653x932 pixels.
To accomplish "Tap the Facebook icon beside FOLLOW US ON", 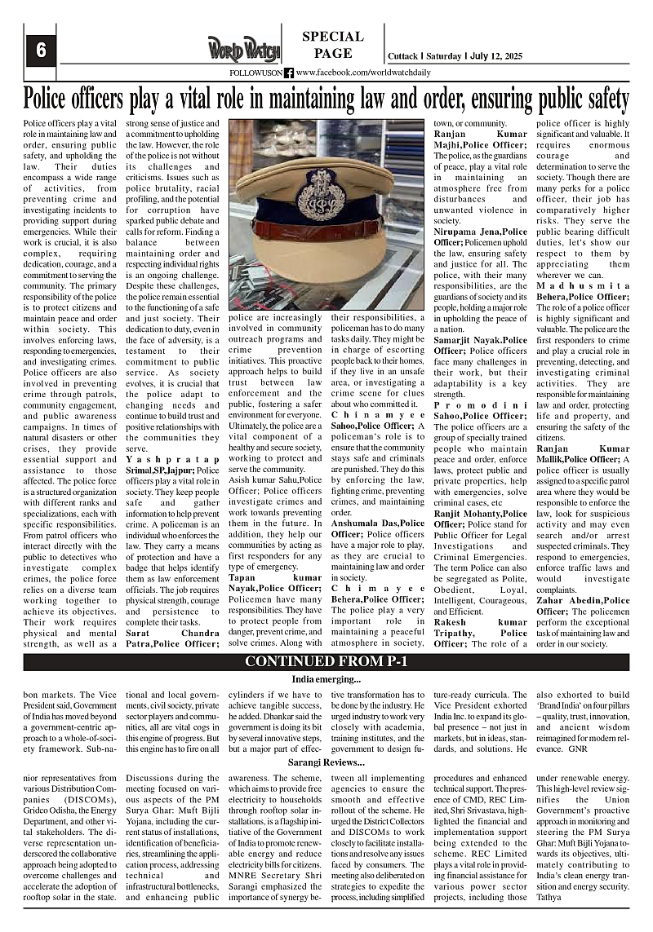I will tap(289, 73).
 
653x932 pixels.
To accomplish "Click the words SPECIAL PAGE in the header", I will tap(333, 45).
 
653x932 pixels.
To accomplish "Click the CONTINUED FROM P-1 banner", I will tap(326, 661).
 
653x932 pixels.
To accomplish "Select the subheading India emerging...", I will tap(326, 679).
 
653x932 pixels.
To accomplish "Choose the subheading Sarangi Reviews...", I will tap(326, 762).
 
